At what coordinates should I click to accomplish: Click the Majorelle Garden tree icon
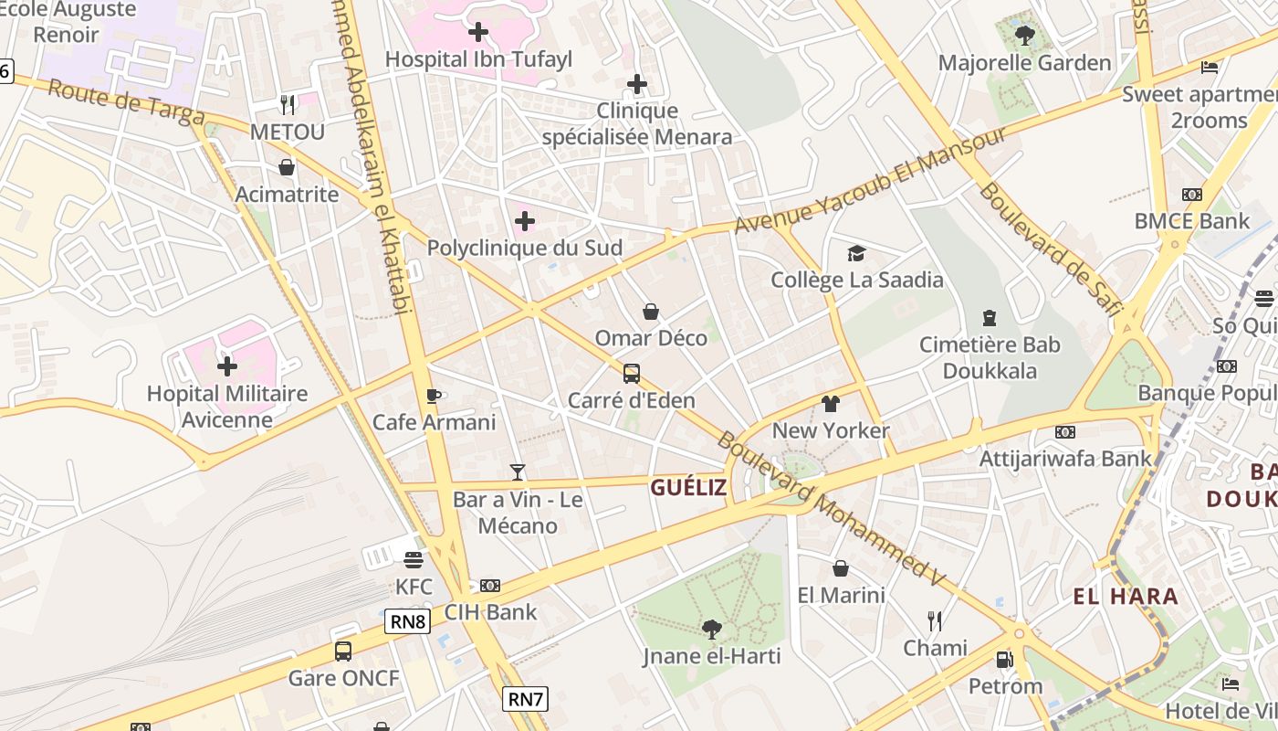tap(1024, 36)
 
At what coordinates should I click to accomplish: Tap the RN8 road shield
tap(408, 622)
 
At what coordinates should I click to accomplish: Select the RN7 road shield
tap(526, 700)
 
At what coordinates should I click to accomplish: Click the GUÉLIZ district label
tap(688, 488)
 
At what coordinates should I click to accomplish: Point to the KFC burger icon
tap(414, 559)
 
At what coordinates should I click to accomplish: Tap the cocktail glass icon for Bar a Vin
tap(518, 472)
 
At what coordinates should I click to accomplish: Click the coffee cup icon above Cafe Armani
tap(434, 396)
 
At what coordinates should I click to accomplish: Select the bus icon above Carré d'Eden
tap(631, 373)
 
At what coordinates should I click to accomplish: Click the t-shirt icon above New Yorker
tap(830, 403)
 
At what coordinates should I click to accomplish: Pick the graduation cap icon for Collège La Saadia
tap(856, 253)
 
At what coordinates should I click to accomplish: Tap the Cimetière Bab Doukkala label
tap(990, 357)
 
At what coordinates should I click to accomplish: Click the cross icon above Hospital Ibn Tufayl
tap(477, 33)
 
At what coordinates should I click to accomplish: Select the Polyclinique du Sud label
tap(525, 248)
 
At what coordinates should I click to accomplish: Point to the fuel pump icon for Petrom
tap(1004, 659)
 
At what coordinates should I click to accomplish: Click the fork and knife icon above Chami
tap(935, 621)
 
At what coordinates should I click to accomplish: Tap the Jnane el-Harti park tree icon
tap(711, 629)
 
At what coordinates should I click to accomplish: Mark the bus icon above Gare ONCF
tap(343, 652)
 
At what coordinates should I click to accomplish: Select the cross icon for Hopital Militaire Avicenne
tap(227, 366)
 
